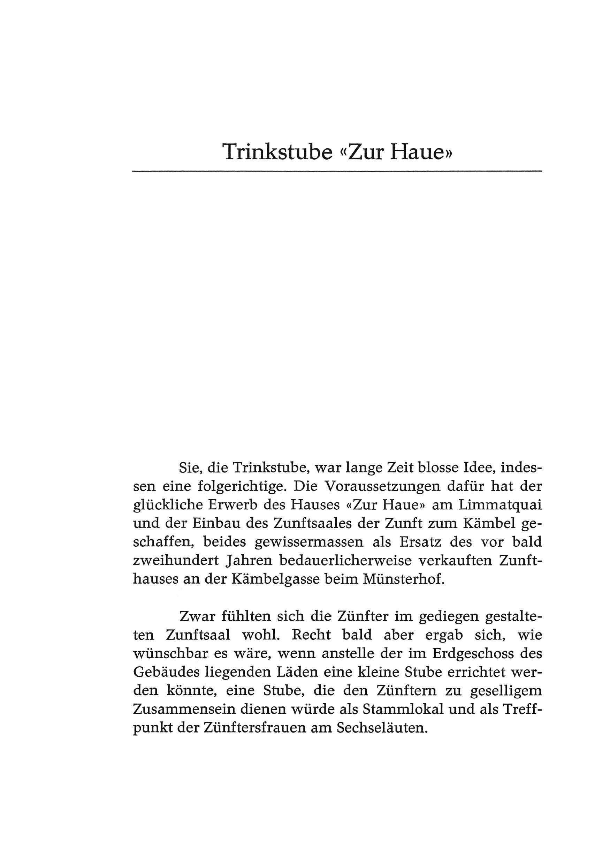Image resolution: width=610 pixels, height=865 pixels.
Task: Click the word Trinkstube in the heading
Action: tap(277, 152)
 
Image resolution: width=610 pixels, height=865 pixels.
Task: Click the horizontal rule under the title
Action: tap(337, 172)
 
